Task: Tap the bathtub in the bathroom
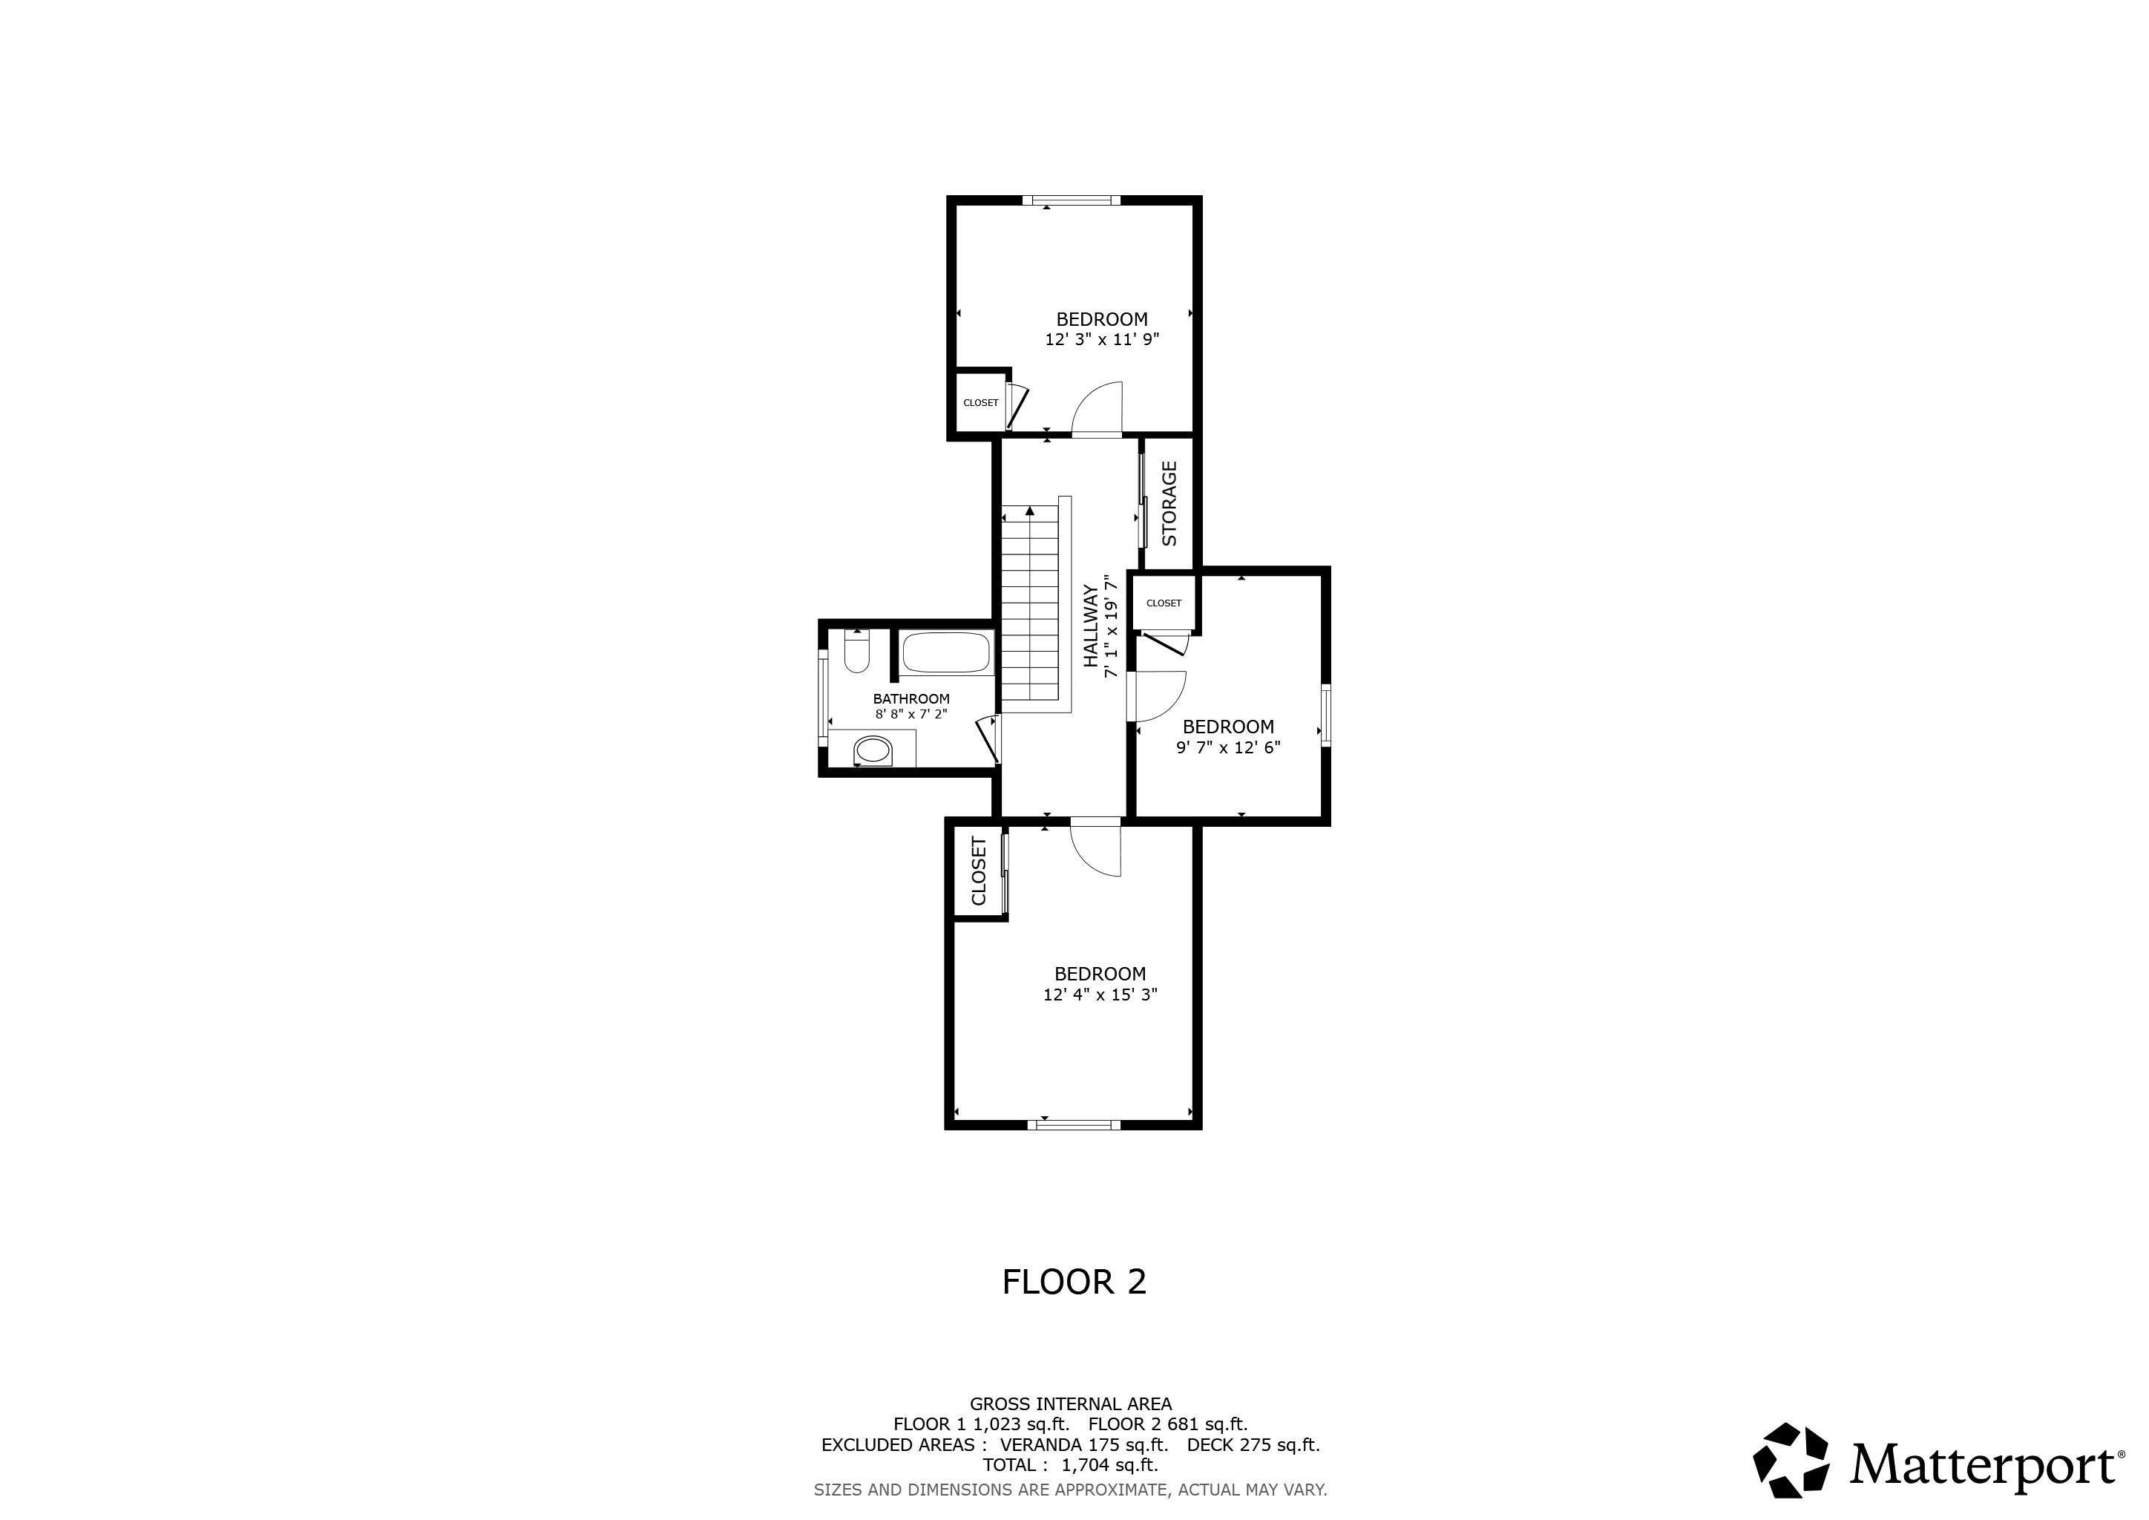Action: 946,653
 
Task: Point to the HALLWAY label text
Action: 1090,625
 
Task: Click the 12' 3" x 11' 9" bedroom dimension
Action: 1102,340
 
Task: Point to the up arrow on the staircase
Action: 1029,511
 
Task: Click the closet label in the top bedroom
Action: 980,402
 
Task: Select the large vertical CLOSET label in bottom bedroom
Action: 979,871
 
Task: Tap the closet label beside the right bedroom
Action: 1164,603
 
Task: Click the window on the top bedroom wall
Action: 1071,200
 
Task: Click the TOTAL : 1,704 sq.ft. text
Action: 1070,1465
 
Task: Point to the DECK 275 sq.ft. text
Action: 1253,1444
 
